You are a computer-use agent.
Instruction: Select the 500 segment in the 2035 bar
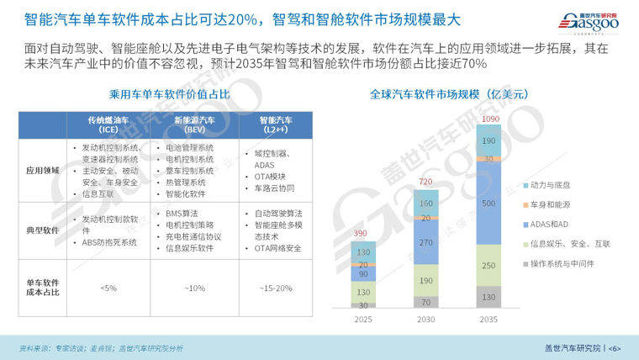click(488, 204)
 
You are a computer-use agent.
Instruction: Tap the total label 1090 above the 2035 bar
click(488, 119)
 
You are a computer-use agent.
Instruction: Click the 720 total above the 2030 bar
click(425, 182)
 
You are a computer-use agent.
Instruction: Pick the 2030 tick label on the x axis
click(425, 320)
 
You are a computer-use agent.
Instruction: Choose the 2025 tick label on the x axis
click(362, 320)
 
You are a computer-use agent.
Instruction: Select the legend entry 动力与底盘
click(555, 184)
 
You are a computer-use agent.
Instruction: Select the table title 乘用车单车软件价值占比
click(169, 95)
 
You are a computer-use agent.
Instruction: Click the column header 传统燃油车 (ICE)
click(108, 125)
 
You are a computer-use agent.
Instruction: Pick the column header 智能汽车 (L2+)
click(272, 125)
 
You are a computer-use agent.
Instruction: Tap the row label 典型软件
click(41, 230)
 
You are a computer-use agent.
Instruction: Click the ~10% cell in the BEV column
click(194, 289)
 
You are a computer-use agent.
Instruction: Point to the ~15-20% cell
click(272, 289)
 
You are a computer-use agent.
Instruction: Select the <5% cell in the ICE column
click(108, 289)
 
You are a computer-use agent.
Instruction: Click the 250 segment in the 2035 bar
click(488, 265)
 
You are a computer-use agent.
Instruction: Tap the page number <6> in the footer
click(614, 348)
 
